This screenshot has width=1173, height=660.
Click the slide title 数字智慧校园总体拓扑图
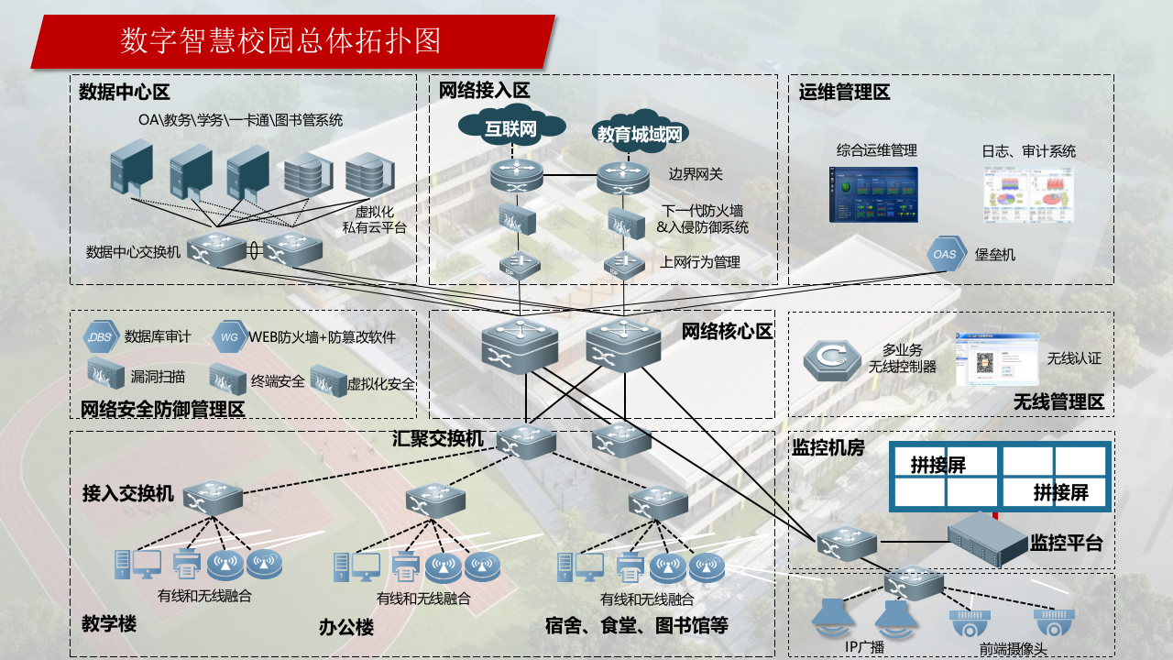pyautogui.click(x=281, y=40)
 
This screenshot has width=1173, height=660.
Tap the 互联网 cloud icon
pyautogui.click(x=510, y=128)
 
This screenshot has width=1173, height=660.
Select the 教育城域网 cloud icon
pyautogui.click(x=640, y=135)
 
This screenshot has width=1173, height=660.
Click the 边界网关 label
pyautogui.click(x=696, y=174)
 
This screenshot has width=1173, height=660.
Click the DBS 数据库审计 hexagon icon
pyautogui.click(x=100, y=336)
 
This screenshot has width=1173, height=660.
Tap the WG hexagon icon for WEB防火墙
pyautogui.click(x=228, y=336)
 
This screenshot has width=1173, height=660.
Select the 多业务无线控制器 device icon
pyautogui.click(x=832, y=361)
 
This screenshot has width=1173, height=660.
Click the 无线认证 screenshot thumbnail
pyautogui.click(x=997, y=359)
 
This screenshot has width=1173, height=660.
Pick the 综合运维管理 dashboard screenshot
pyautogui.click(x=873, y=193)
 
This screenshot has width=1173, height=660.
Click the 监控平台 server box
pyautogui.click(x=986, y=540)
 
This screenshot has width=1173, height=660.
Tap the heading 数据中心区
pyautogui.click(x=125, y=93)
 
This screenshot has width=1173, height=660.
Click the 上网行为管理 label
pyautogui.click(x=699, y=262)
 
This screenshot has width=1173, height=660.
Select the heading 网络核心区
pyautogui.click(x=727, y=332)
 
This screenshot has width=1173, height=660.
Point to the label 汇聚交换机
pyautogui.click(x=438, y=439)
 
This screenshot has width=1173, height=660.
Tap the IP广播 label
pyautogui.click(x=864, y=647)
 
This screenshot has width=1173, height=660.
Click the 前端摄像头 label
pyautogui.click(x=1013, y=649)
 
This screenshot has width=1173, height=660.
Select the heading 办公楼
pyautogui.click(x=345, y=628)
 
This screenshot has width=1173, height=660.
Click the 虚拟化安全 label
pyautogui.click(x=380, y=384)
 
